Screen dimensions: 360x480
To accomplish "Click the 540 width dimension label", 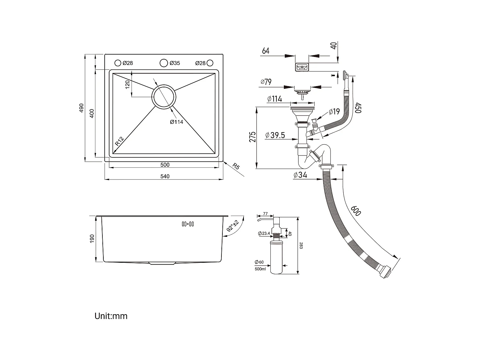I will click(165, 176).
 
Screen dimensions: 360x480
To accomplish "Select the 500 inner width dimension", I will click(165, 165).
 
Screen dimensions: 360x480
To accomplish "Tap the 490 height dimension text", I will click(81, 108).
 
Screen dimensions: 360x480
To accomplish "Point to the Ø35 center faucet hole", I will click(164, 63).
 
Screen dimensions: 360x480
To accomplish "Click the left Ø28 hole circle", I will click(118, 63).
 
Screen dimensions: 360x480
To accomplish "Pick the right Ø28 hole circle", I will click(210, 63).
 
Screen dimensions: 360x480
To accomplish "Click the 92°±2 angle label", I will click(233, 226).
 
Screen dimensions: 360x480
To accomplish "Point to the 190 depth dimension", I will click(92, 238).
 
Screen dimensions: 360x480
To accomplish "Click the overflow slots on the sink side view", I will click(188, 224).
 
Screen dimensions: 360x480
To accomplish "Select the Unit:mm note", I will click(111, 316).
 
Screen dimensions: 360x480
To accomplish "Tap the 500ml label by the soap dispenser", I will click(260, 269).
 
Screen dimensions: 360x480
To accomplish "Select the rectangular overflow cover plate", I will click(302, 67).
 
